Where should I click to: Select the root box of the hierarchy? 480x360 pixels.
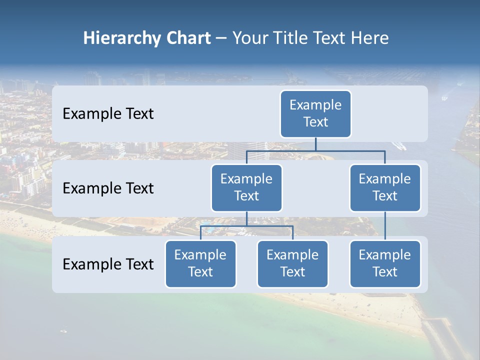coord(315,113)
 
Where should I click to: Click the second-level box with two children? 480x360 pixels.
coord(246,187)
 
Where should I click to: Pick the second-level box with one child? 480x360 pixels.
coord(385,187)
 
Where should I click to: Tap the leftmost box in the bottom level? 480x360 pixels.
coord(200,263)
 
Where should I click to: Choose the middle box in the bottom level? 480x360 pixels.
coord(292,263)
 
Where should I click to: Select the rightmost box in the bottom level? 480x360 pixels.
coord(385,263)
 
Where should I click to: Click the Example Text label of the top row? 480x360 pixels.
coord(108,114)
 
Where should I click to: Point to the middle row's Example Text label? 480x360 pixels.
coord(108,188)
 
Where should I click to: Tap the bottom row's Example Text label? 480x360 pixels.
coord(108,264)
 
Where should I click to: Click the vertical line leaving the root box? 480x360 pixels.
coord(315,144)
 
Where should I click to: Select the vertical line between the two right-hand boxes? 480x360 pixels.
coord(385,225)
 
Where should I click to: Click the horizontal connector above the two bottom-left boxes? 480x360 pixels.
coord(246,226)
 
